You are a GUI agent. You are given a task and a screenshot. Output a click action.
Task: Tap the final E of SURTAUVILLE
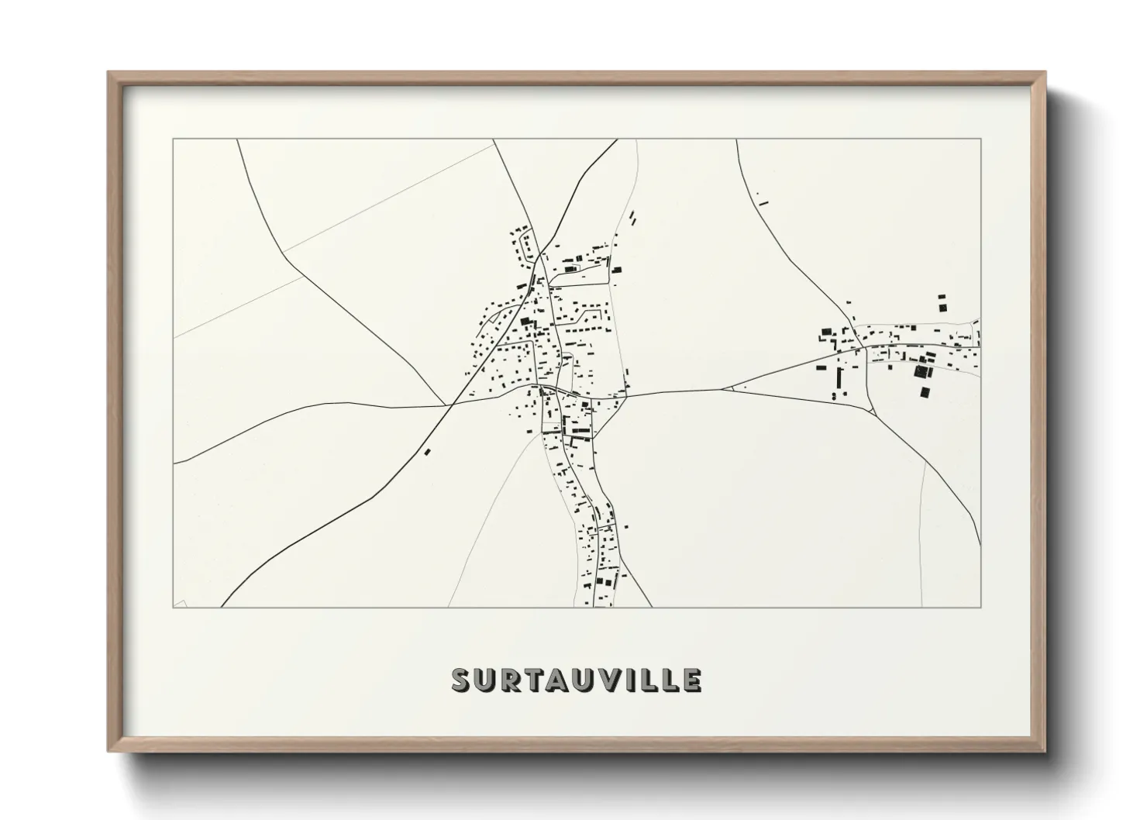(692, 680)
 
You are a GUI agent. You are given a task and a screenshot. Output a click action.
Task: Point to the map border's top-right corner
(980, 140)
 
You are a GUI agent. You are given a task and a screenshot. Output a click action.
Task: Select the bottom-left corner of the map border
(174, 607)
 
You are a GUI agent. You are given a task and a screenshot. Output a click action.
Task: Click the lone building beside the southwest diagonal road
(426, 450)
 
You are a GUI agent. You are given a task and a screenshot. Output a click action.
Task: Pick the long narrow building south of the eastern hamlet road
(840, 379)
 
